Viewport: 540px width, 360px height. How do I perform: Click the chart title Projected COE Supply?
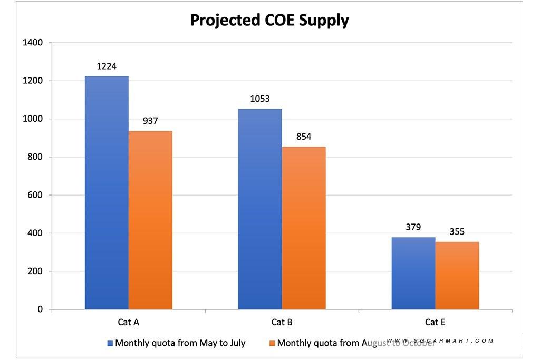[x=269, y=20]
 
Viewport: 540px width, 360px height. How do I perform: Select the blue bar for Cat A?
[x=107, y=193]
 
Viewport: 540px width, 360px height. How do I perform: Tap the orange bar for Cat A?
[x=150, y=220]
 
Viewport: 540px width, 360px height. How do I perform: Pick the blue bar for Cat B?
[x=260, y=209]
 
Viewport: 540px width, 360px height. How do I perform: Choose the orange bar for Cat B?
[x=304, y=228]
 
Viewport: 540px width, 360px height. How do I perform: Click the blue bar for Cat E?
[x=413, y=273]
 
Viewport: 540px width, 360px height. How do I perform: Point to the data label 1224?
[x=107, y=66]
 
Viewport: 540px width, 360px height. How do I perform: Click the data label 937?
[x=150, y=121]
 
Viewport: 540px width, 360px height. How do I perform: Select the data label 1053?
[x=260, y=99]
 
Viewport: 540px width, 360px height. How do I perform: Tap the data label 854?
[x=304, y=137]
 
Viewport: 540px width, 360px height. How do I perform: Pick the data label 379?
[x=413, y=228]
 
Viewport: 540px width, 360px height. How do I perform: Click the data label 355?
[x=457, y=232]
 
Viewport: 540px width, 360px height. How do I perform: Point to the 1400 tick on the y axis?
[x=33, y=43]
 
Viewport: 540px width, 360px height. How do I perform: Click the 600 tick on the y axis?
[x=35, y=195]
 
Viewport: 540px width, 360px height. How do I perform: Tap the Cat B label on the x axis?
[x=282, y=322]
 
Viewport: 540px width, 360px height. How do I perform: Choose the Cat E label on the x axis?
[x=436, y=322]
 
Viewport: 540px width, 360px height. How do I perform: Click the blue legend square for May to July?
[x=110, y=343]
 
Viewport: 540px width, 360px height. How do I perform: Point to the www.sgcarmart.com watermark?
[x=440, y=340]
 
